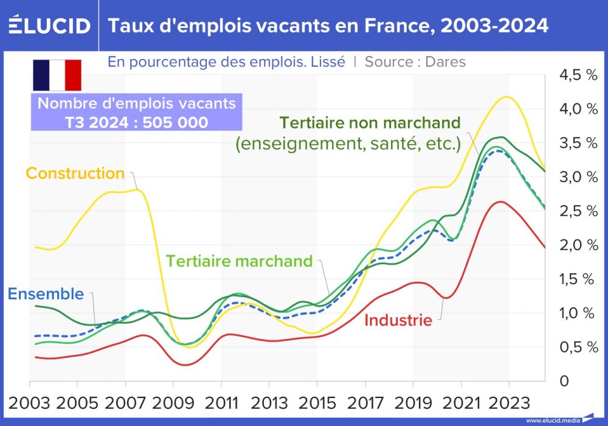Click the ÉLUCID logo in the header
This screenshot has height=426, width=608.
49,26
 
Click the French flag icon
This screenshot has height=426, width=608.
57,75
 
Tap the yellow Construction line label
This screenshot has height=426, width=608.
75,173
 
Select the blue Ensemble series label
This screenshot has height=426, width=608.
46,294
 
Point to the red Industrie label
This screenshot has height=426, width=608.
398,320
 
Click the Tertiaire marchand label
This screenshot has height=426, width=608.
239,261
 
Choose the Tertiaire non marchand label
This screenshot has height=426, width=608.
370,122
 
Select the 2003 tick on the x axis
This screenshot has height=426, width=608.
29,403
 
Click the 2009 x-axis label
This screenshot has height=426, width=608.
173,403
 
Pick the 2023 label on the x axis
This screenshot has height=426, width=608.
509,403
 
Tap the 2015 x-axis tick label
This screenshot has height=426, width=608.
317,403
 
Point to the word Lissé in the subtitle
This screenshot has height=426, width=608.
329,62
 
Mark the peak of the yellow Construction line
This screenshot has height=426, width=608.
504,97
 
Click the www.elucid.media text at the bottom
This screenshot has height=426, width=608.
551,421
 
